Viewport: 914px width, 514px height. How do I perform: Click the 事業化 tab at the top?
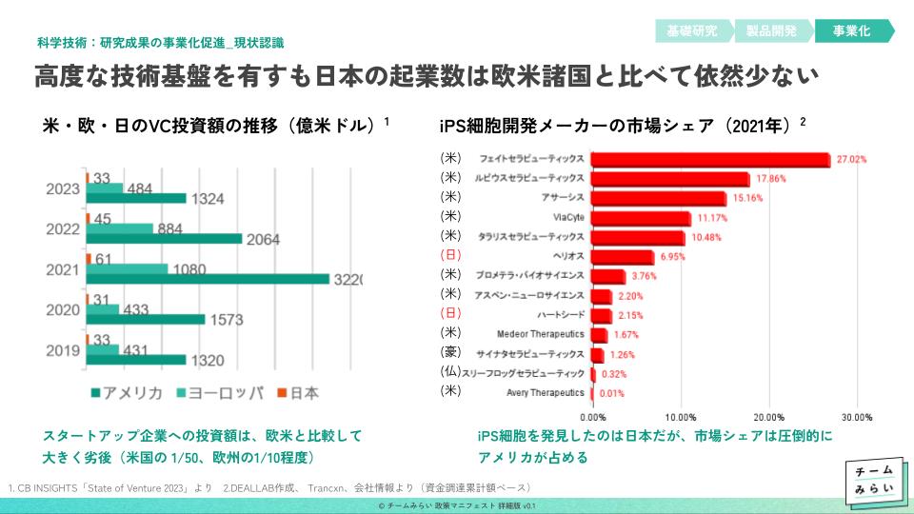(x=851, y=30)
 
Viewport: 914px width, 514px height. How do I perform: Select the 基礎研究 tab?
(x=692, y=30)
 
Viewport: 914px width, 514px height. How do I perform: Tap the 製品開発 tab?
(x=772, y=30)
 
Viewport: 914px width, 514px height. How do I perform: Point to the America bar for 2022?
(x=165, y=238)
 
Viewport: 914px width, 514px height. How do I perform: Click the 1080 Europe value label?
(x=190, y=269)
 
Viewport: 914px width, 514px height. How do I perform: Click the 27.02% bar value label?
(x=852, y=160)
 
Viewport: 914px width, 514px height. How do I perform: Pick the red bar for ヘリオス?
(x=623, y=257)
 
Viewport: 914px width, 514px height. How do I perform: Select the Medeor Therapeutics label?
(x=541, y=334)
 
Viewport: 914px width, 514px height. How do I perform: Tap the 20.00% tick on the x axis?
(x=769, y=417)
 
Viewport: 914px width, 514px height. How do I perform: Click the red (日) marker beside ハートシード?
(x=450, y=313)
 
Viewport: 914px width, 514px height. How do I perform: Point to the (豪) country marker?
(x=450, y=352)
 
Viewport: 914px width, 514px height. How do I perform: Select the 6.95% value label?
(x=672, y=258)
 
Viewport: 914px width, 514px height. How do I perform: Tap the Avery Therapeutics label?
(x=546, y=392)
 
